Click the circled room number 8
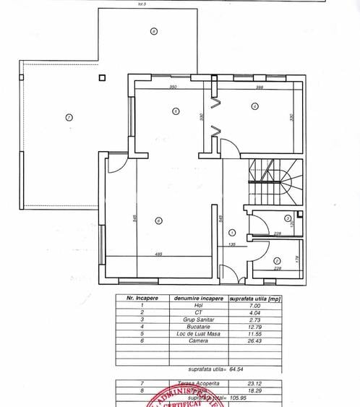click(153, 31)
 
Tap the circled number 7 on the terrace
click(69, 117)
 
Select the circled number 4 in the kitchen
click(254, 106)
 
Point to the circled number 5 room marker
click(176, 111)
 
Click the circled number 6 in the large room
click(158, 223)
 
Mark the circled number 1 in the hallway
click(232, 232)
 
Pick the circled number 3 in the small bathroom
click(287, 218)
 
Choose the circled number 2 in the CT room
click(277, 262)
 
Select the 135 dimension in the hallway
click(233, 245)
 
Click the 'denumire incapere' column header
click(197, 298)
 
